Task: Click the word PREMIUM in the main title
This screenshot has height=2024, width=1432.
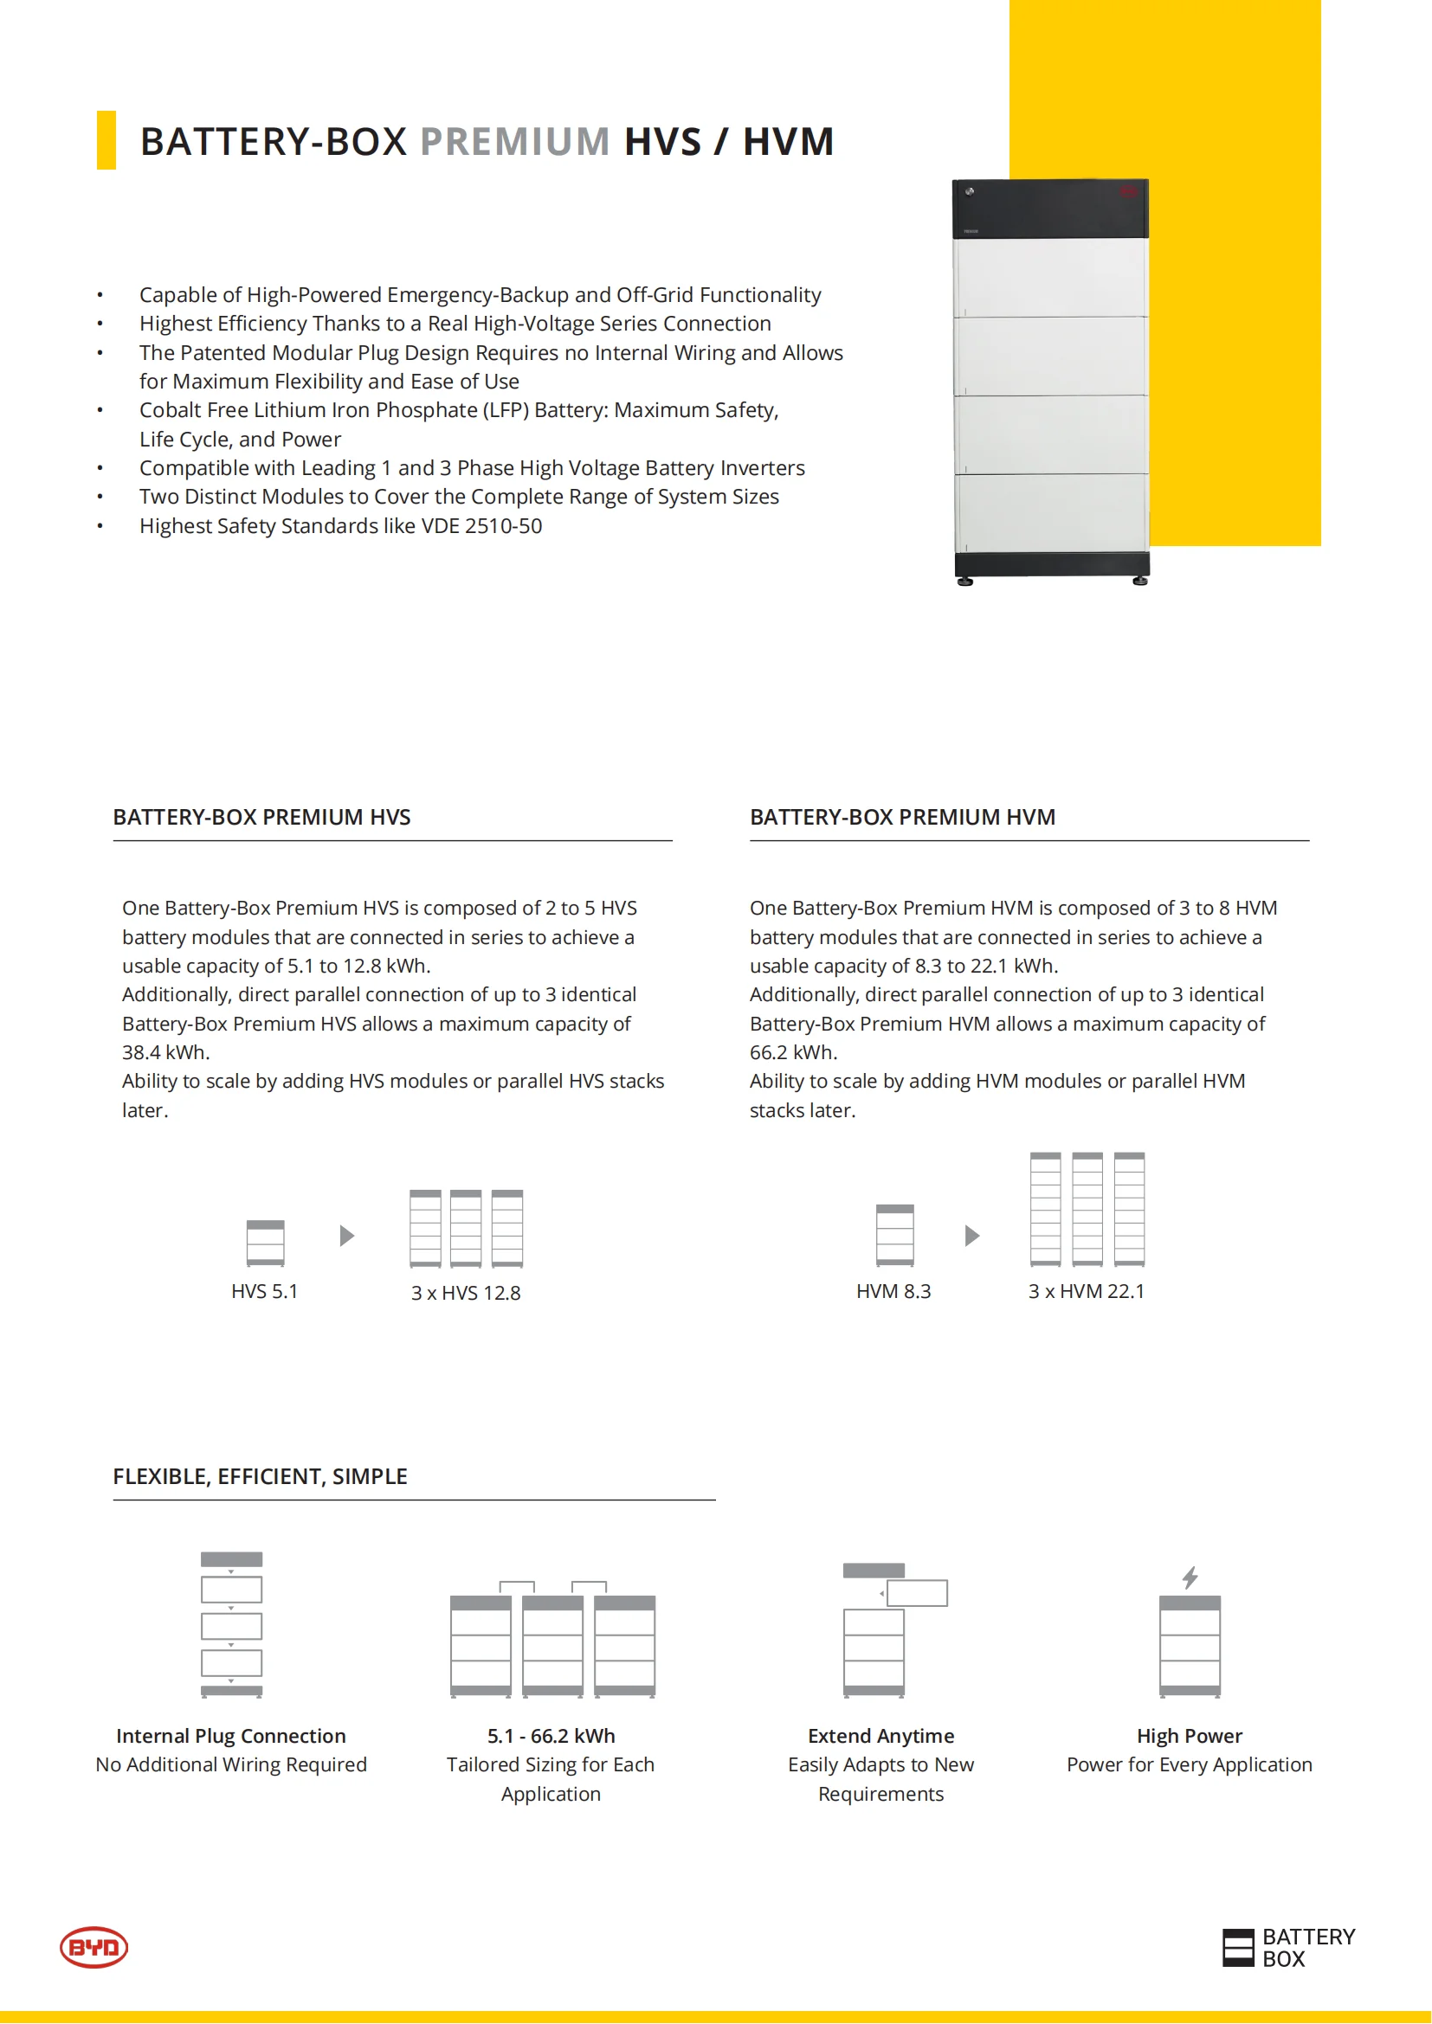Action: pyautogui.click(x=514, y=142)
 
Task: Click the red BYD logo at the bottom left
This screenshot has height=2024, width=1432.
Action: pyautogui.click(x=94, y=1946)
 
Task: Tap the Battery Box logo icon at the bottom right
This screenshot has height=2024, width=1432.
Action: pyautogui.click(x=1238, y=1947)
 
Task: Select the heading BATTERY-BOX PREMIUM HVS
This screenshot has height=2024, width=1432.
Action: pyautogui.click(x=261, y=817)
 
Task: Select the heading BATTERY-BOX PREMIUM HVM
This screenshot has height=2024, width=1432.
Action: pyautogui.click(x=902, y=817)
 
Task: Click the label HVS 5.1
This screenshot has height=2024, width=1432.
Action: pyautogui.click(x=265, y=1291)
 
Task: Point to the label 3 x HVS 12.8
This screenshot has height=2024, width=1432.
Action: pyautogui.click(x=466, y=1293)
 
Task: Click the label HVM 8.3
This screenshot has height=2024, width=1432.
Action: pyautogui.click(x=893, y=1291)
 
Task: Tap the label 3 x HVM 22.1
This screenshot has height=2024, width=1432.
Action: pyautogui.click(x=1087, y=1291)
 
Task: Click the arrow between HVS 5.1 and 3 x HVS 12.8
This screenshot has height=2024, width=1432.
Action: pyautogui.click(x=346, y=1236)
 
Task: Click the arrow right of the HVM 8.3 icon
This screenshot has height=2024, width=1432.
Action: pyautogui.click(x=971, y=1236)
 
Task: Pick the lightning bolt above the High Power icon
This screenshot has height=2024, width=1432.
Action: pyautogui.click(x=1190, y=1577)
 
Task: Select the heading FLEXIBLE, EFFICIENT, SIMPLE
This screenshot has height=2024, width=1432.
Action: pyautogui.click(x=260, y=1476)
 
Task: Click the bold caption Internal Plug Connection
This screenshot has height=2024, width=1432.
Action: pyautogui.click(x=231, y=1736)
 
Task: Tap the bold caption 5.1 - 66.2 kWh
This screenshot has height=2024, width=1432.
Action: pyautogui.click(x=552, y=1736)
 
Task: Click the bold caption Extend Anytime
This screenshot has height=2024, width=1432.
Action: pyautogui.click(x=880, y=1736)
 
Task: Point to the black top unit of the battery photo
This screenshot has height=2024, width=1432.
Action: pyautogui.click(x=1049, y=209)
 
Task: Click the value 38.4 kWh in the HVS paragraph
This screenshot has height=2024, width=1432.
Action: pyautogui.click(x=165, y=1052)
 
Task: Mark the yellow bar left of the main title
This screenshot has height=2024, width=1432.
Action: pyautogui.click(x=106, y=140)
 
